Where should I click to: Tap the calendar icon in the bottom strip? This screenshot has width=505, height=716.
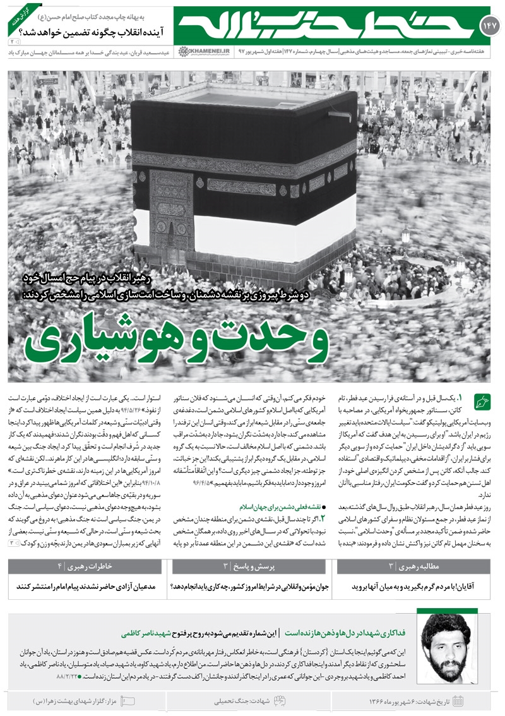point(458,701)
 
